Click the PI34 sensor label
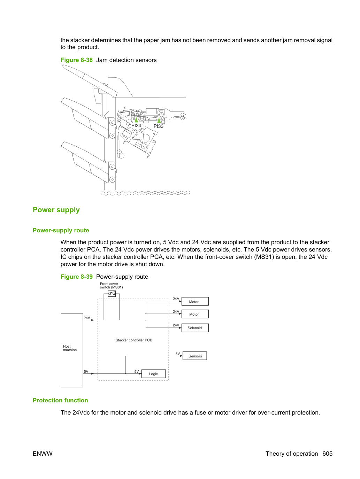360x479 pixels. click(136, 125)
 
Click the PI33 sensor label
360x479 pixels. click(159, 126)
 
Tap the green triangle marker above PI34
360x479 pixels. click(136, 119)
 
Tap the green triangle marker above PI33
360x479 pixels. click(159, 120)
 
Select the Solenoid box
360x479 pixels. click(195, 328)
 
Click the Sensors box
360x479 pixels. click(194, 356)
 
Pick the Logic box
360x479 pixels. click(153, 374)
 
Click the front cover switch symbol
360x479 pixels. click(112, 294)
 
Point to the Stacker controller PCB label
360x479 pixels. click(134, 340)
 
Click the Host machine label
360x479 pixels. click(70, 348)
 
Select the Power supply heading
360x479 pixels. click(56, 210)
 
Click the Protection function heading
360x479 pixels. click(60, 400)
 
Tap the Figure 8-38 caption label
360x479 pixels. click(77, 60)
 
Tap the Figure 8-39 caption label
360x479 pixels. click(77, 277)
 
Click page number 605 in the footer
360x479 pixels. click(328, 454)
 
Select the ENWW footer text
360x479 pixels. click(43, 454)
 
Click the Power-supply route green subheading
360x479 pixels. click(61, 231)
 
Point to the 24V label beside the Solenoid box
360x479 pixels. click(176, 325)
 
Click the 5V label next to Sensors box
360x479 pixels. click(178, 354)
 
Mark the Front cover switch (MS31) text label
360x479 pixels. click(111, 285)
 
